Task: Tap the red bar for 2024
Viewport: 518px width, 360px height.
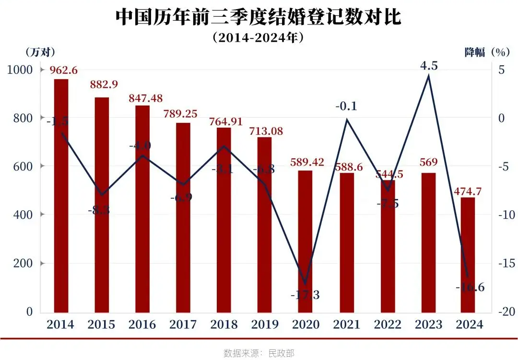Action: pyautogui.click(x=468, y=254)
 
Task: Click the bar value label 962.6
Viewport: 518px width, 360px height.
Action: pyautogui.click(x=64, y=70)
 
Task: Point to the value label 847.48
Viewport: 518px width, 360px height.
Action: pyautogui.click(x=145, y=98)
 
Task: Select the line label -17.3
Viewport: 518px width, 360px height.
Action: pyautogui.click(x=305, y=294)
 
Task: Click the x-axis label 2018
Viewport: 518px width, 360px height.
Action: pyautogui.click(x=223, y=325)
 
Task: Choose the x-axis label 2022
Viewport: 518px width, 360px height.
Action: pyautogui.click(x=387, y=325)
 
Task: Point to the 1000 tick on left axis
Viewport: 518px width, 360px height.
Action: pyautogui.click(x=20, y=70)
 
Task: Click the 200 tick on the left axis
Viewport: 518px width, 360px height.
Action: pyautogui.click(x=23, y=264)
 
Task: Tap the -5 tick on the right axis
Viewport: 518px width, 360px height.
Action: pyautogui.click(x=502, y=167)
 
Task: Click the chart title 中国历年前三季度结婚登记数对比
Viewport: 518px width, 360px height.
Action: pyautogui.click(x=259, y=18)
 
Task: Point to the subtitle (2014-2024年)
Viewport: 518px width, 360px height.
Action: pyautogui.click(x=259, y=38)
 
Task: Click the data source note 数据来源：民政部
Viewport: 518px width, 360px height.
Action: pyautogui.click(x=259, y=353)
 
